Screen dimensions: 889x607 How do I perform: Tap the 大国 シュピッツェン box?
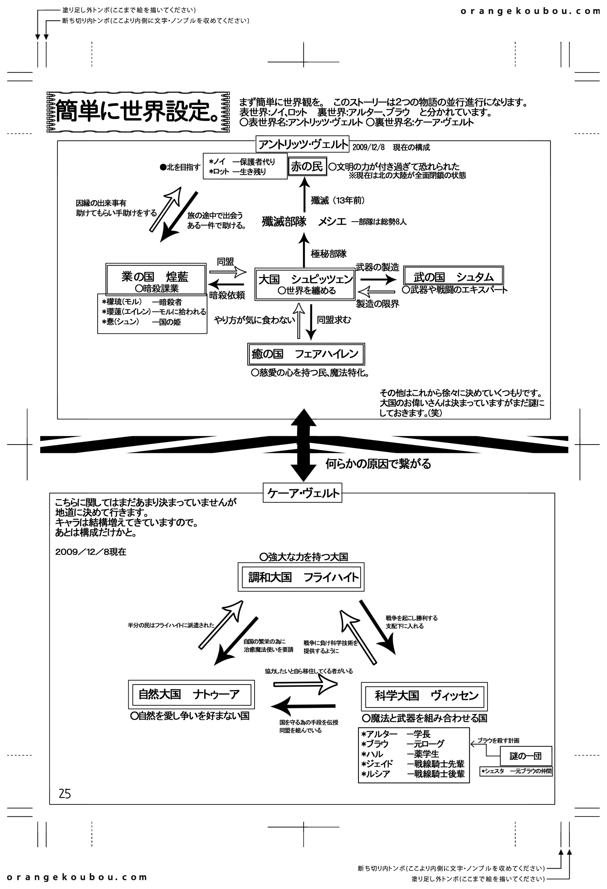coord(305,283)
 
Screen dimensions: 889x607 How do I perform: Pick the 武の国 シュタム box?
coord(453,276)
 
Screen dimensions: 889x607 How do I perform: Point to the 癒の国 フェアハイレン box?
coord(305,354)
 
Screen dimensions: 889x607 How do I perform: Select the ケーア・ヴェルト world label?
coord(303,494)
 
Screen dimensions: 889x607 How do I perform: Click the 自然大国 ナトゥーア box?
coord(192,694)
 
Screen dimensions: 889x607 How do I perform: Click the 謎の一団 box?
coord(526,756)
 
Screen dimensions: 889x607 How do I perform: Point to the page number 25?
coord(65,794)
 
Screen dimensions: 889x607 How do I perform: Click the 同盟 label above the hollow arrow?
coord(225,262)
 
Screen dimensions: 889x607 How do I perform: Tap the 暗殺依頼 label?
coord(227,295)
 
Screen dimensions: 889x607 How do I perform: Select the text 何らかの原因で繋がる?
coord(378,464)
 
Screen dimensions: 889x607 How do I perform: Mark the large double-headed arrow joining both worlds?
coord(303,444)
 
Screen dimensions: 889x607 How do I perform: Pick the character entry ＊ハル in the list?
coord(372,754)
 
